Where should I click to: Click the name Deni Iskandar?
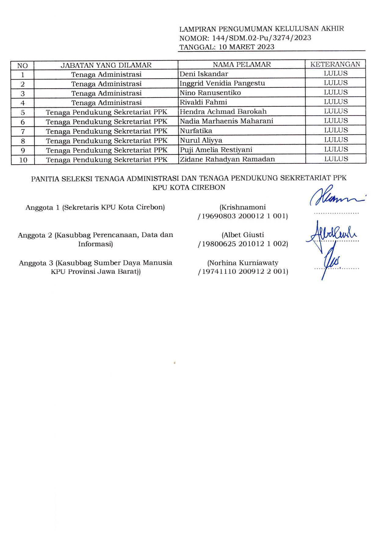pyautogui.click(x=204, y=74)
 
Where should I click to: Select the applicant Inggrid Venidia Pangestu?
pyautogui.click(x=222, y=83)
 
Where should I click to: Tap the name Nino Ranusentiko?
pyautogui.click(x=210, y=93)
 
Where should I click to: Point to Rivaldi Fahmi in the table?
pyautogui.click(x=203, y=102)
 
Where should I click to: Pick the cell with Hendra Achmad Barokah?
pyautogui.click(x=223, y=112)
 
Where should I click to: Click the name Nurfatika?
pyautogui.click(x=196, y=131)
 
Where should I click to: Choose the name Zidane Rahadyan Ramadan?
pyautogui.click(x=227, y=159)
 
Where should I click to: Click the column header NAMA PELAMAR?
pyautogui.click(x=241, y=65)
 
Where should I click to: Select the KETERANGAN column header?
pyautogui.click(x=335, y=64)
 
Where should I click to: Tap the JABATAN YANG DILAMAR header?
pyautogui.click(x=106, y=65)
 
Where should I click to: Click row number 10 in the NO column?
pyautogui.click(x=23, y=160)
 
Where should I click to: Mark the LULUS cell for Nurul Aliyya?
pyautogui.click(x=336, y=140)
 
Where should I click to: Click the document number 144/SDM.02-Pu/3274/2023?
pyautogui.click(x=261, y=38)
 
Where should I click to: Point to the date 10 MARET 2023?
pyautogui.click(x=246, y=47)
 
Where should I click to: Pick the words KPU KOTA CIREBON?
pyautogui.click(x=189, y=187)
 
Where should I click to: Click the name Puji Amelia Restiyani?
pyautogui.click(x=216, y=150)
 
